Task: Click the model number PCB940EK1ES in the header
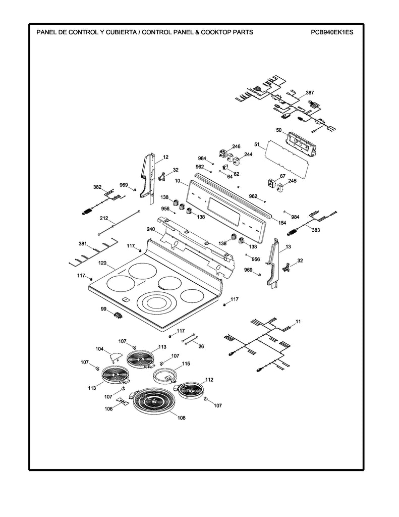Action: click(x=332, y=32)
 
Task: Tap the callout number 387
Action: click(x=310, y=93)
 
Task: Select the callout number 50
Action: click(x=278, y=130)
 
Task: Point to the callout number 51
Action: click(x=257, y=145)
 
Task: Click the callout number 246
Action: click(x=236, y=146)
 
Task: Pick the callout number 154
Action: click(x=282, y=223)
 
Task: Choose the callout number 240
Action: click(x=151, y=229)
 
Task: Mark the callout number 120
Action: click(x=102, y=263)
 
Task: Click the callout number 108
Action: click(x=182, y=418)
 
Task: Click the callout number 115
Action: click(x=186, y=364)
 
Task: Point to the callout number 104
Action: click(x=99, y=349)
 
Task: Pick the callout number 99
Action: click(x=103, y=308)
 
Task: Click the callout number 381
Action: click(x=82, y=244)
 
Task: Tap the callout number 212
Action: click(x=104, y=218)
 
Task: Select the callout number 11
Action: click(x=298, y=321)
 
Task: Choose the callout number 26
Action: click(x=201, y=346)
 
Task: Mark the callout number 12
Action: click(x=165, y=158)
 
